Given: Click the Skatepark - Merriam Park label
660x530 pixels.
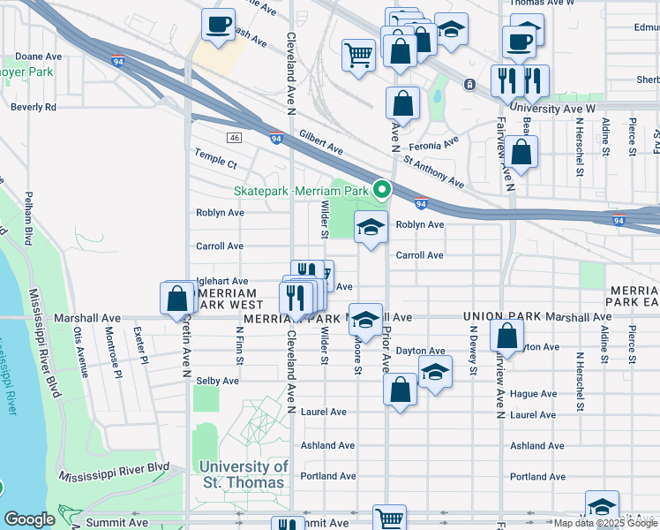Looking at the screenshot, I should click(x=301, y=191).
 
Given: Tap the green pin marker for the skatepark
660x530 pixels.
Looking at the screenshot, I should click(x=382, y=189).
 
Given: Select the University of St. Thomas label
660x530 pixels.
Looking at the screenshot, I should click(x=243, y=474).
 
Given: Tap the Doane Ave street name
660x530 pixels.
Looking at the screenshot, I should click(x=38, y=56).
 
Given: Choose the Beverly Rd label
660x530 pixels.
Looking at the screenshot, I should click(x=34, y=107).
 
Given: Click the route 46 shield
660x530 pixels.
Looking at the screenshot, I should click(x=234, y=138).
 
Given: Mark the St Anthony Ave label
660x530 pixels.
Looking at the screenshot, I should click(x=432, y=173).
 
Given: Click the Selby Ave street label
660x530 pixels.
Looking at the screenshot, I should click(x=217, y=381).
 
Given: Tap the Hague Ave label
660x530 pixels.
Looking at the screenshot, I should click(x=537, y=394).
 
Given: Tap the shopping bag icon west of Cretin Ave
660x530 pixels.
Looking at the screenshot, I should click(x=176, y=298).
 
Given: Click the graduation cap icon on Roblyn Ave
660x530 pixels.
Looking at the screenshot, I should click(x=371, y=227).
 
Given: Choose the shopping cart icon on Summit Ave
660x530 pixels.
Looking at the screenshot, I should click(x=388, y=519).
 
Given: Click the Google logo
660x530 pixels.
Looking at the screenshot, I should click(x=29, y=519).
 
